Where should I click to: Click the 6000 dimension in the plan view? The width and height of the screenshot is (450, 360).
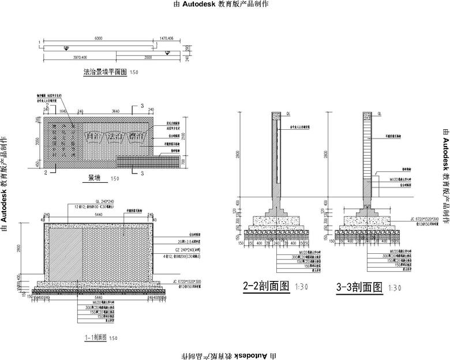click(x=98, y=38)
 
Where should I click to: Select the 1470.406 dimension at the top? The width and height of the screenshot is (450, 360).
click(x=166, y=38)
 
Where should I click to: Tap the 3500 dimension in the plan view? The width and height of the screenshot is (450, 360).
click(x=148, y=58)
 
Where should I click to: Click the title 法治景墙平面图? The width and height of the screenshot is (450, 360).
click(x=105, y=73)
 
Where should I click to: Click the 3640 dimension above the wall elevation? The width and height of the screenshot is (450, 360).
click(x=115, y=111)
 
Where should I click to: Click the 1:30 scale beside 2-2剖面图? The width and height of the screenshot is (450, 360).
click(x=301, y=287)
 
